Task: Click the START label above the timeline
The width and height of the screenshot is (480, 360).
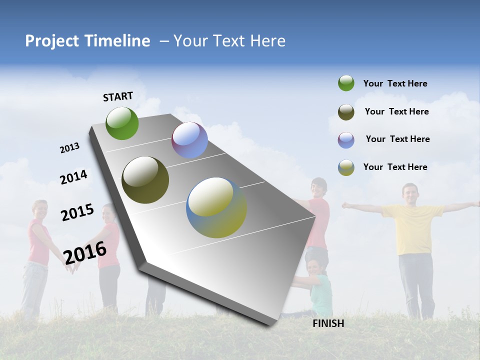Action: [118, 96]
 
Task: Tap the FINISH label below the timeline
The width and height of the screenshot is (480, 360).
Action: [328, 323]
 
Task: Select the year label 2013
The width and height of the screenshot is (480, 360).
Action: [70, 148]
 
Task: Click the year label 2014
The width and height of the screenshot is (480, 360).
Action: [74, 177]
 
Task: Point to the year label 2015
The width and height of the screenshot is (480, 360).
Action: [77, 212]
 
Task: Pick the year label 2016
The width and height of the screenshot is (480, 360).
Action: [85, 252]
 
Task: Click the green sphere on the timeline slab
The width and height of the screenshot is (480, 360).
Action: [122, 123]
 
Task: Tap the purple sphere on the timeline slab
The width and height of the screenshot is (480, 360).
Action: [189, 140]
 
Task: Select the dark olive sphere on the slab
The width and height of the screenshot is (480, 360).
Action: [145, 180]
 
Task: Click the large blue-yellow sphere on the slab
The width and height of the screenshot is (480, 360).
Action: [216, 207]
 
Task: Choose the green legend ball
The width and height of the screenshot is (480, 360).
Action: [346, 83]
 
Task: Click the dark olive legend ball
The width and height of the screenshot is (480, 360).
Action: [346, 112]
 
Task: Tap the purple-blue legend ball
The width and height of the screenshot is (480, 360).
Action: [346, 140]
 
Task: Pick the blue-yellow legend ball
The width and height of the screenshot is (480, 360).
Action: [346, 167]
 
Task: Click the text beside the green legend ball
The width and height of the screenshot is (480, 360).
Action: [395, 83]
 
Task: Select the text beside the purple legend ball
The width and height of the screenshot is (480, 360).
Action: [397, 139]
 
